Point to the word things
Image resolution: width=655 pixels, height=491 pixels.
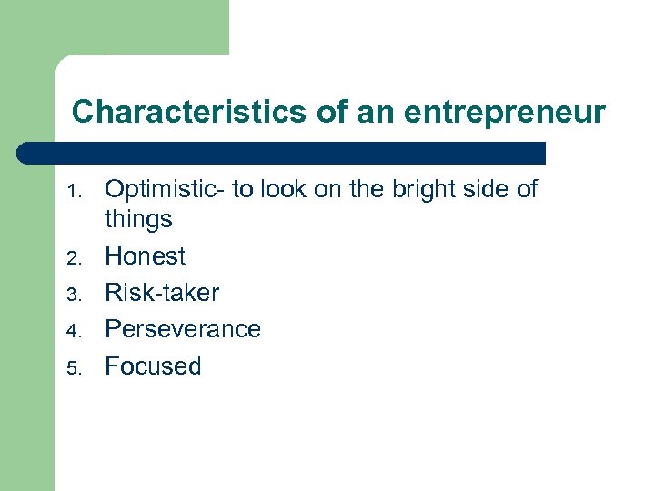point(138,219)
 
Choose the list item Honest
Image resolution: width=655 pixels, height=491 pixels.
point(146,256)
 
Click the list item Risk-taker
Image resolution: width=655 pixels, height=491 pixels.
point(162,293)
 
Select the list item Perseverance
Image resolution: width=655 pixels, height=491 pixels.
point(183,329)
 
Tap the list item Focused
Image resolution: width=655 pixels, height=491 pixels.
point(153,366)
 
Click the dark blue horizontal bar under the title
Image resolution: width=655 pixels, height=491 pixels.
point(282,152)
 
